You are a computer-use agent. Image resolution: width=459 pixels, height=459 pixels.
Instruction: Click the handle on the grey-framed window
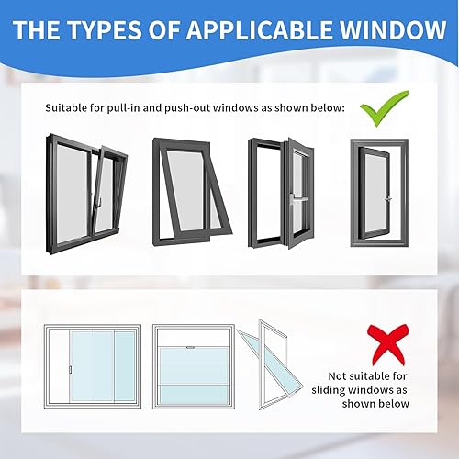tap(389, 196)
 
